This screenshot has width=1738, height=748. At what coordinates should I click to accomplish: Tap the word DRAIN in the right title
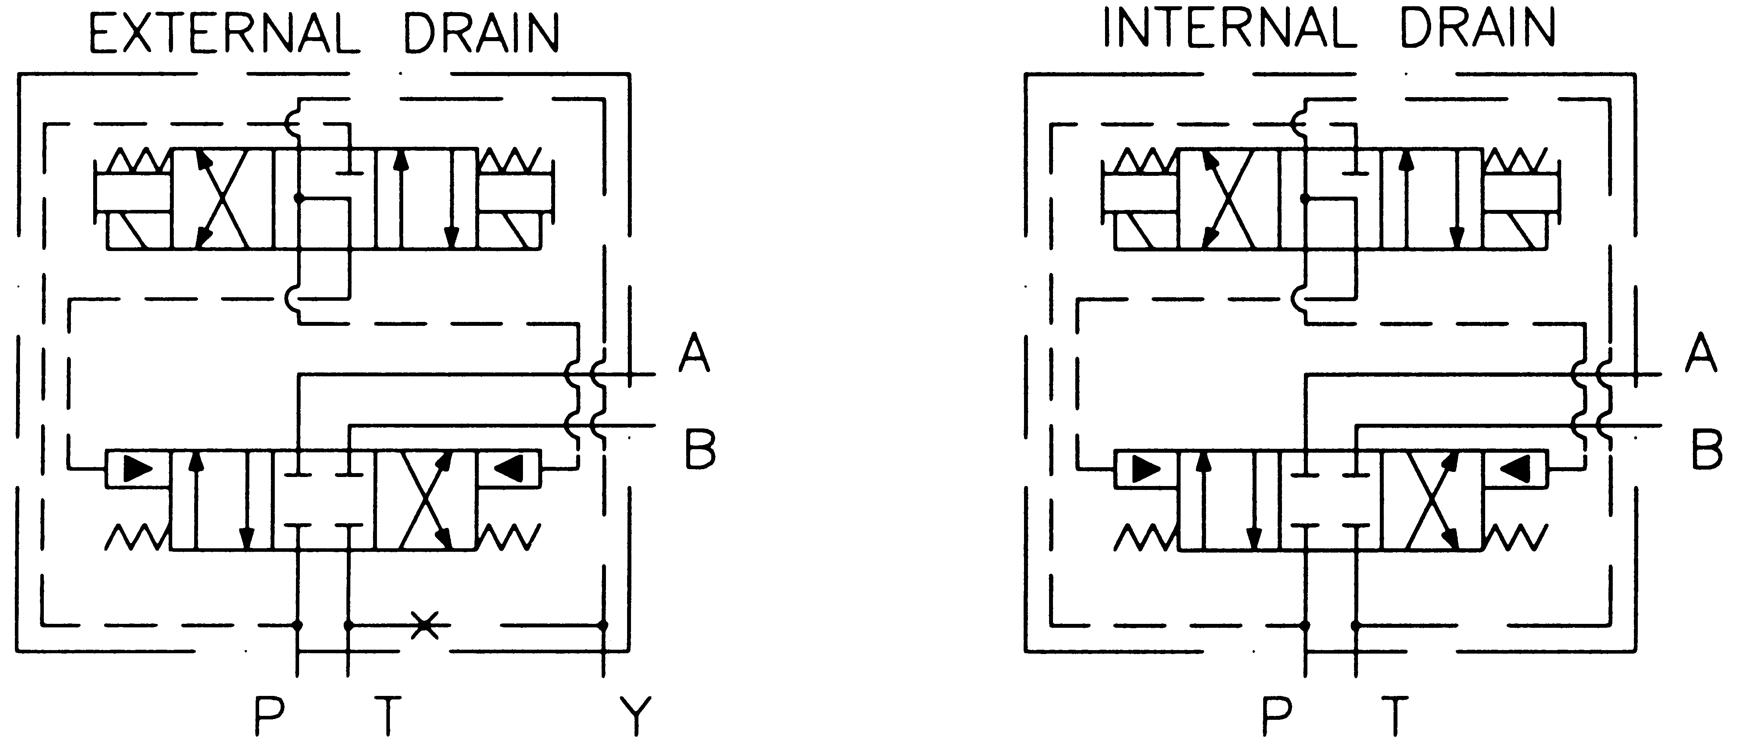point(1478,28)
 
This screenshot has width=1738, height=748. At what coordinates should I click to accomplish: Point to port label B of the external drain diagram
point(700,448)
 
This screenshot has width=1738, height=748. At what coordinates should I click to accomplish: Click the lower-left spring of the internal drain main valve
point(1144,537)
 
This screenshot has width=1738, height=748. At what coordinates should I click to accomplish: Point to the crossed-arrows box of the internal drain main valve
point(1432,500)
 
